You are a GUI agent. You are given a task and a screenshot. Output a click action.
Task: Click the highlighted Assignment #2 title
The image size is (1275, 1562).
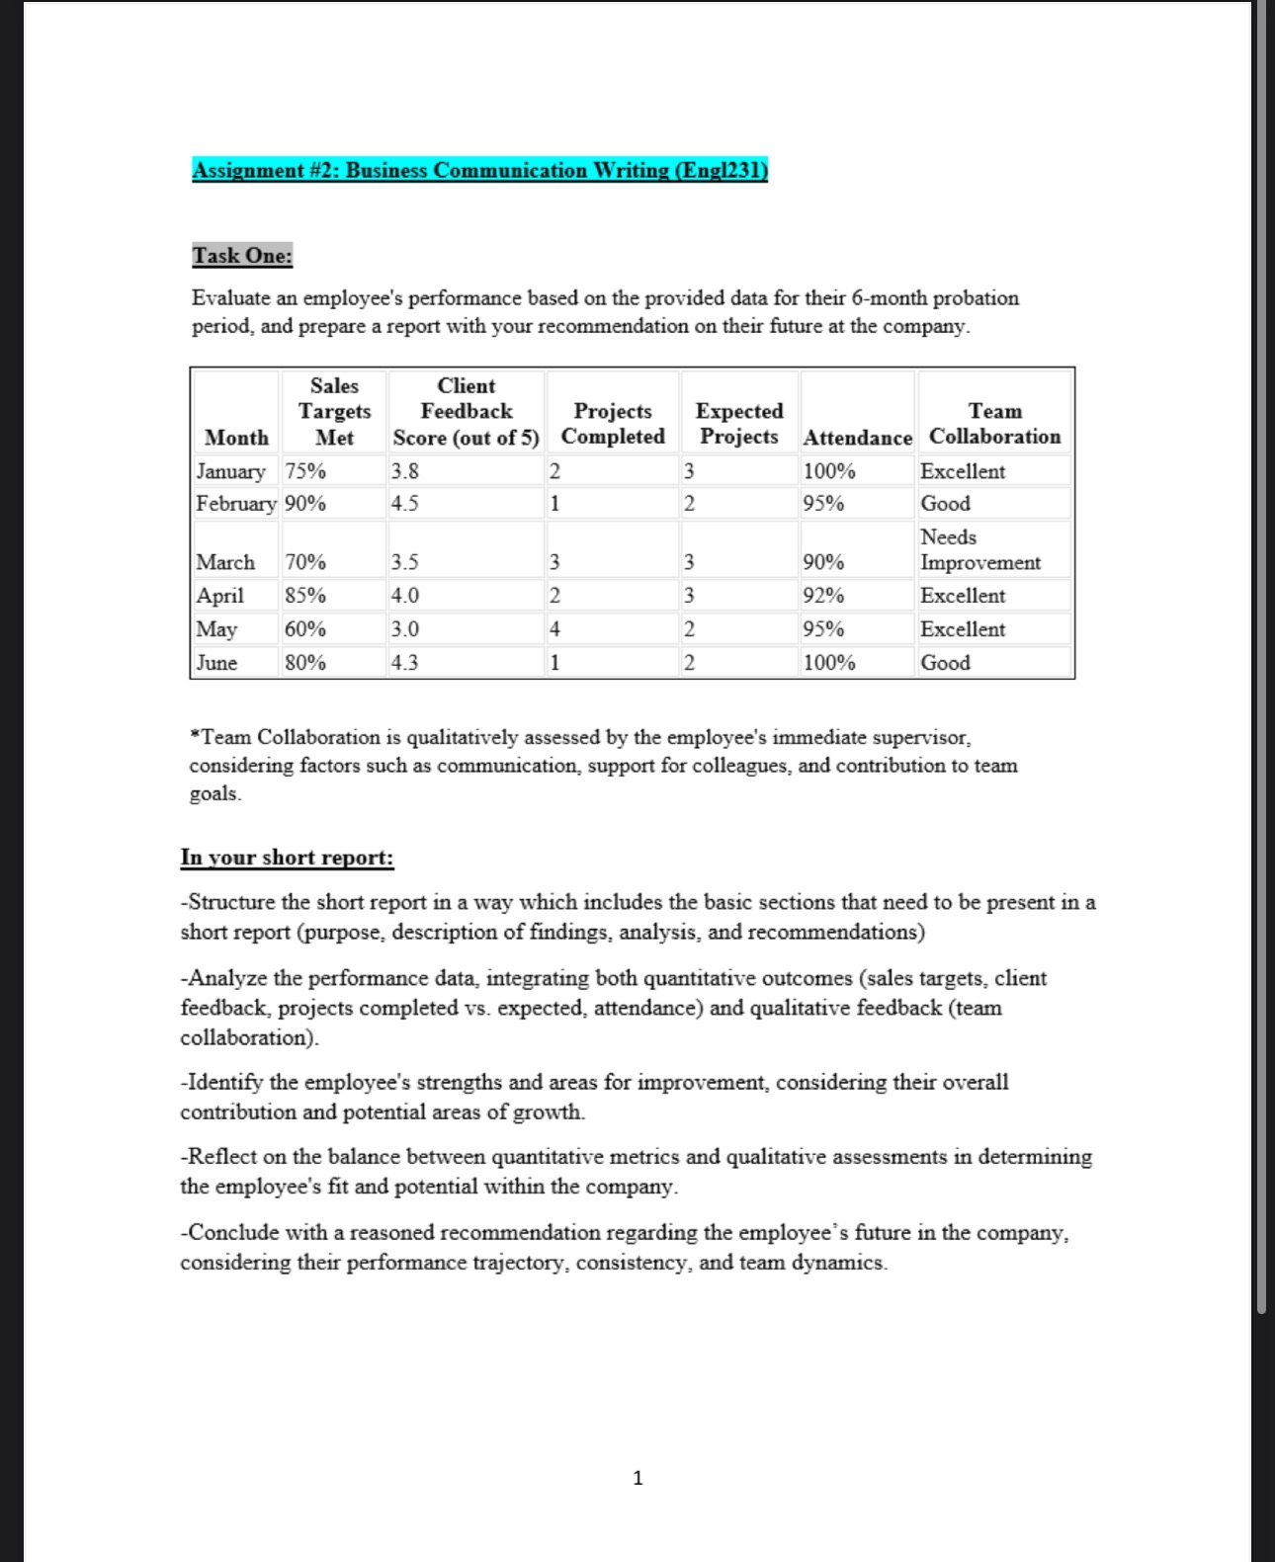pos(479,170)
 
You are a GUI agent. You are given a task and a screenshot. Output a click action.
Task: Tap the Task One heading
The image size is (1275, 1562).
pos(242,255)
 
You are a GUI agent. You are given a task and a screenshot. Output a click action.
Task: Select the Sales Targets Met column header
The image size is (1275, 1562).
pos(334,411)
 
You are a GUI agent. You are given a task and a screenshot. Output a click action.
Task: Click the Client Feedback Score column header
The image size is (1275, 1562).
pos(466,411)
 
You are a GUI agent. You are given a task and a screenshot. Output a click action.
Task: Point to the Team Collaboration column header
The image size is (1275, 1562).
pos(994,424)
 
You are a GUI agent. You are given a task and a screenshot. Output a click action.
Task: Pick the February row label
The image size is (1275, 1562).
pos(235,504)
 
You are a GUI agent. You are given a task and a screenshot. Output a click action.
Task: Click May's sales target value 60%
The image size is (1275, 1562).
pos(305,629)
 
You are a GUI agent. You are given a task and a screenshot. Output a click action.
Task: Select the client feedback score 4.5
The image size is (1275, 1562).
pos(405,504)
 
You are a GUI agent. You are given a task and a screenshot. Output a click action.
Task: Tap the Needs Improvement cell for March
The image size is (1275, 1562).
pos(979,550)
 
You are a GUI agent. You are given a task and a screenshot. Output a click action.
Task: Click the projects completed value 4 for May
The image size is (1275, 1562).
pos(554,629)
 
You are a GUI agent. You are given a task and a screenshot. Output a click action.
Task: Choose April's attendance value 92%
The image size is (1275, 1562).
pos(823,596)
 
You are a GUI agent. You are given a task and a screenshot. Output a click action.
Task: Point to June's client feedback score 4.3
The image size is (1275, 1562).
pos(405,663)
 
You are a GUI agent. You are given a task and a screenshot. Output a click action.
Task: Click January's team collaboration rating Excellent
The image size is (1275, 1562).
pos(962,471)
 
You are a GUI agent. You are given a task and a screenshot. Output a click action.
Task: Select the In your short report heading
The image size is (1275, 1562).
pos(287,858)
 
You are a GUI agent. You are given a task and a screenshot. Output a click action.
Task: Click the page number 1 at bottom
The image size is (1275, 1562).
pos(637,1478)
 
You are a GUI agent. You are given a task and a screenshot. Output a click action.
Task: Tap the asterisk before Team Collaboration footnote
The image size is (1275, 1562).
pos(195,735)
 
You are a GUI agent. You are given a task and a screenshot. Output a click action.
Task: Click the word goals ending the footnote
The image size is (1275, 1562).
pos(213,793)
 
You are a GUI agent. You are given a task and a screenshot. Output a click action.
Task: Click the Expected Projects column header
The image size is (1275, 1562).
pos(738,424)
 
